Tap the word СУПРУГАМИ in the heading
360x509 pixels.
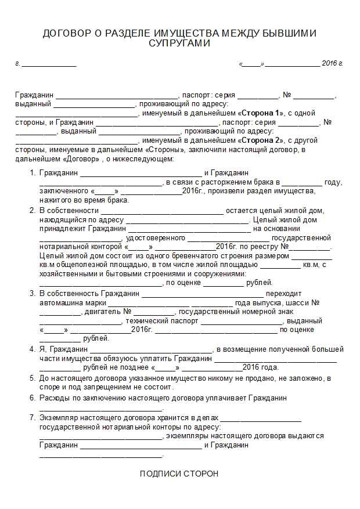click(x=179, y=43)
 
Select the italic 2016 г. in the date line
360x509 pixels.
click(x=332, y=63)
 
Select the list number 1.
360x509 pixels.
click(x=33, y=173)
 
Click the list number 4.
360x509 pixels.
click(x=33, y=349)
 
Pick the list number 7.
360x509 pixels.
click(x=33, y=418)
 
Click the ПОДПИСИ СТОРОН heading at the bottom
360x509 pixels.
click(x=179, y=474)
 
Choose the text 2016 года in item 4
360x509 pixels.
click(x=261, y=367)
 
